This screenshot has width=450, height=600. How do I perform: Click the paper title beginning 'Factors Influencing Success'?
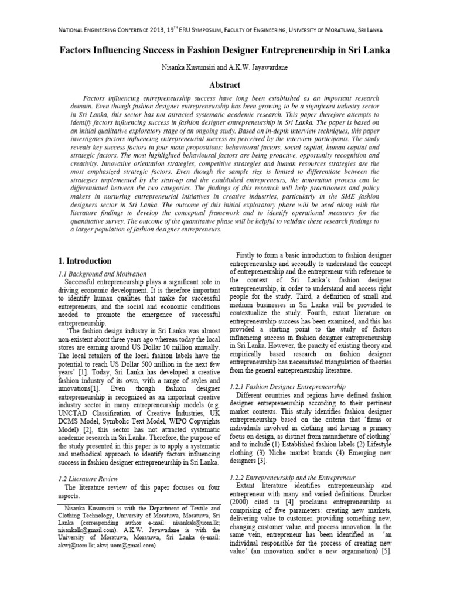pos(225,51)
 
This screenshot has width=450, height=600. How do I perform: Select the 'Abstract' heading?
pos(225,85)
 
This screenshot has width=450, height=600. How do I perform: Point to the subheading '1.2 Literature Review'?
pos(88,478)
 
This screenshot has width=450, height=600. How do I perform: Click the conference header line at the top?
pos(225,30)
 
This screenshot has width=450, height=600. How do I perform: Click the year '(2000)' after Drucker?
pos(246,503)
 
